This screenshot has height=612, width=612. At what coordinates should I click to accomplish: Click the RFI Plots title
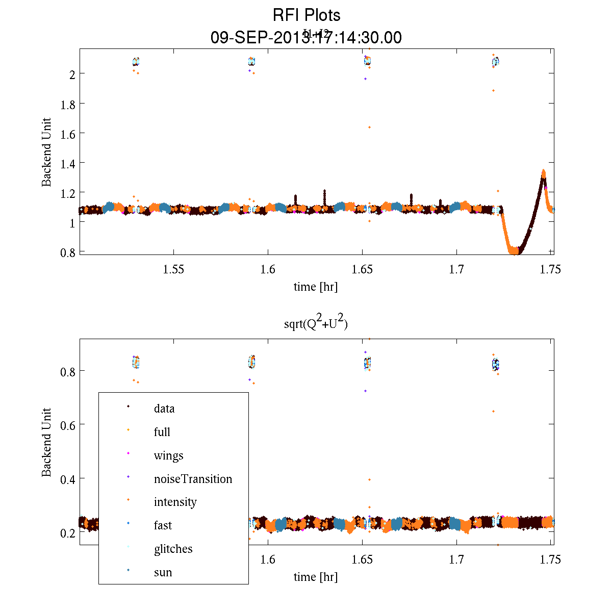pyautogui.click(x=306, y=15)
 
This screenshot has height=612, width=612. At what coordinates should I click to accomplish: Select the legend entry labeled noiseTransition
pyautogui.click(x=193, y=479)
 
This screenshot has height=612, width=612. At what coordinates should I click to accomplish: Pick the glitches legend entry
pyautogui.click(x=173, y=549)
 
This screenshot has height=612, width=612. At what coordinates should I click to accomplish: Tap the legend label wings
pyautogui.click(x=168, y=455)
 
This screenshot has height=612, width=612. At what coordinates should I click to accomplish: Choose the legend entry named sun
pyautogui.click(x=163, y=572)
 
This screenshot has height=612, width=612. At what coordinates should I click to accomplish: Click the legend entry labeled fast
pyautogui.click(x=163, y=525)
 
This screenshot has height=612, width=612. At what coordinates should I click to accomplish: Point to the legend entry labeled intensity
pyautogui.click(x=175, y=502)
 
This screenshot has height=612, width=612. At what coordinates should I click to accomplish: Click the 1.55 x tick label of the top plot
pyautogui.click(x=173, y=269)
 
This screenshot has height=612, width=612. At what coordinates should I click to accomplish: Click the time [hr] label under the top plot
pyautogui.click(x=316, y=287)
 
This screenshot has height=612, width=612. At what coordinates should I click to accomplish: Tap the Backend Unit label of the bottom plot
pyautogui.click(x=46, y=442)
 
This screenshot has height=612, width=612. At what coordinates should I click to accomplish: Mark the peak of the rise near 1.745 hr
pyautogui.click(x=543, y=172)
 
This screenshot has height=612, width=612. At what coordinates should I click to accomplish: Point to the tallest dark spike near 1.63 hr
pyautogui.click(x=324, y=191)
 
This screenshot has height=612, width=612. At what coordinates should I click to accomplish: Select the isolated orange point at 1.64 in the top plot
pyautogui.click(x=369, y=127)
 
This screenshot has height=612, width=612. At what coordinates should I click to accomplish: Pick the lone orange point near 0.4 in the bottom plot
pyautogui.click(x=369, y=479)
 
